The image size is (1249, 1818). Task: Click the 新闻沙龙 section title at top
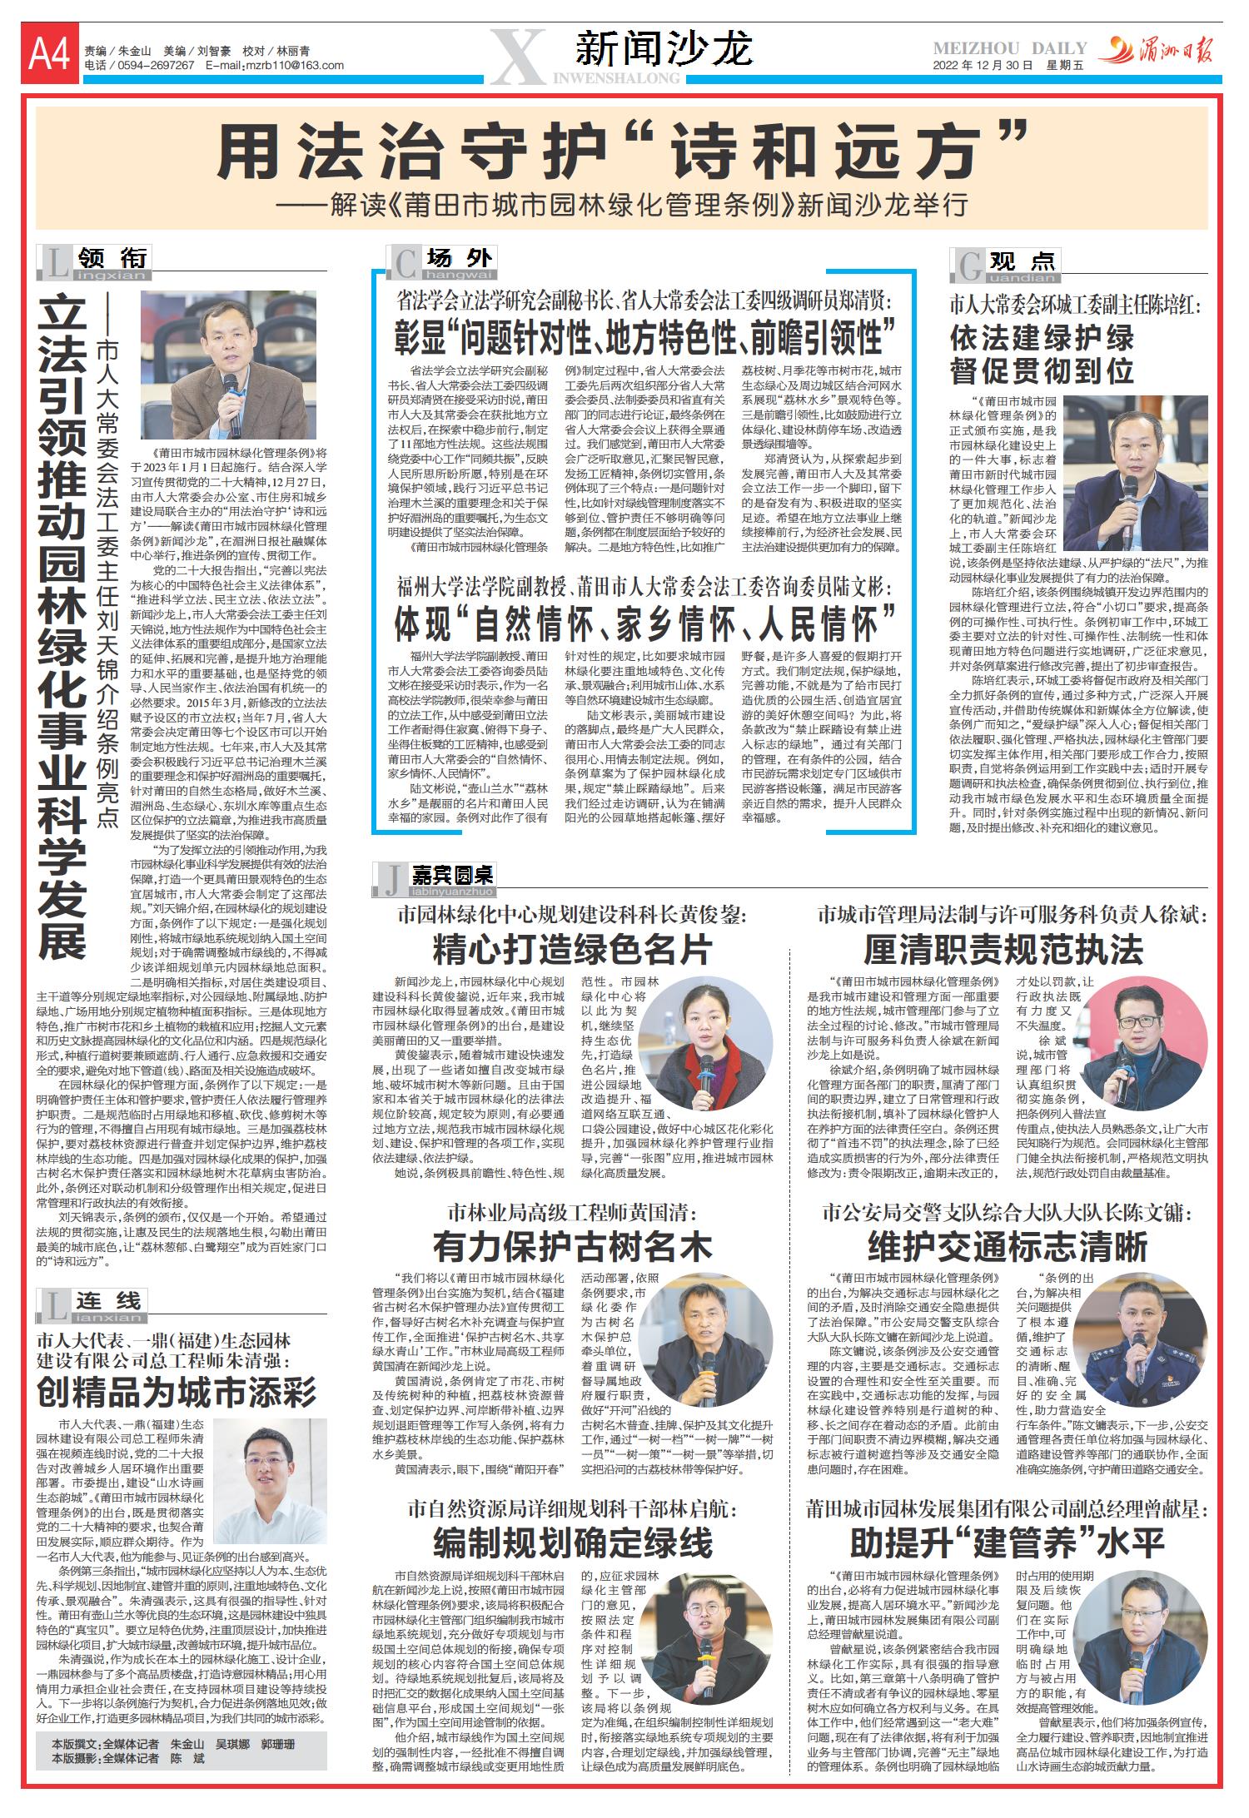click(664, 48)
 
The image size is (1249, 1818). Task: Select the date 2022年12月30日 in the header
click(983, 66)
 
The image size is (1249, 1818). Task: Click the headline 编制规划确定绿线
click(572, 1542)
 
